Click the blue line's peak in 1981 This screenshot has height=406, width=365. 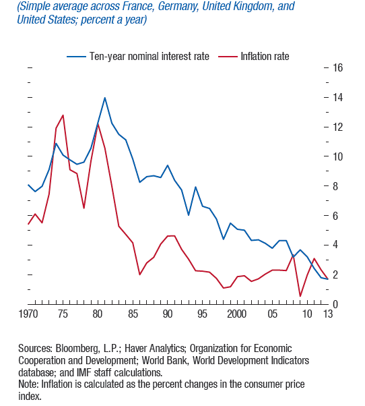point(104,98)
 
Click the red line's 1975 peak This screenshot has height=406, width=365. point(63,115)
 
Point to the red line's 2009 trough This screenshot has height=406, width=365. point(300,296)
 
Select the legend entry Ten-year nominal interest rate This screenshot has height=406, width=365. point(138,57)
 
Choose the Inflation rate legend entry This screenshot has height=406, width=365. point(254,57)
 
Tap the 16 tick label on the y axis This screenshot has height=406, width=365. point(337,68)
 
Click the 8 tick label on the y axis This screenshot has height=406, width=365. point(335,186)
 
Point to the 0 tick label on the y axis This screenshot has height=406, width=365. point(335,305)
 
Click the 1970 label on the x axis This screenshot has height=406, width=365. point(28,314)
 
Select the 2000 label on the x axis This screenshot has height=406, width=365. point(237,314)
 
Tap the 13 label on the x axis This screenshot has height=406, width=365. point(328,314)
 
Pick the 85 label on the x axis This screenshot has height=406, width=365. point(133,314)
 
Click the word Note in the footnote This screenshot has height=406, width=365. point(28,384)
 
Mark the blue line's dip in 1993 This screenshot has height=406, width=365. point(189,215)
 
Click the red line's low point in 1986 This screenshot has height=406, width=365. point(139,274)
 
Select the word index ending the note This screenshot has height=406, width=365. point(30,397)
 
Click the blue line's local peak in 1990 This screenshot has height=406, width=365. point(168,165)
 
